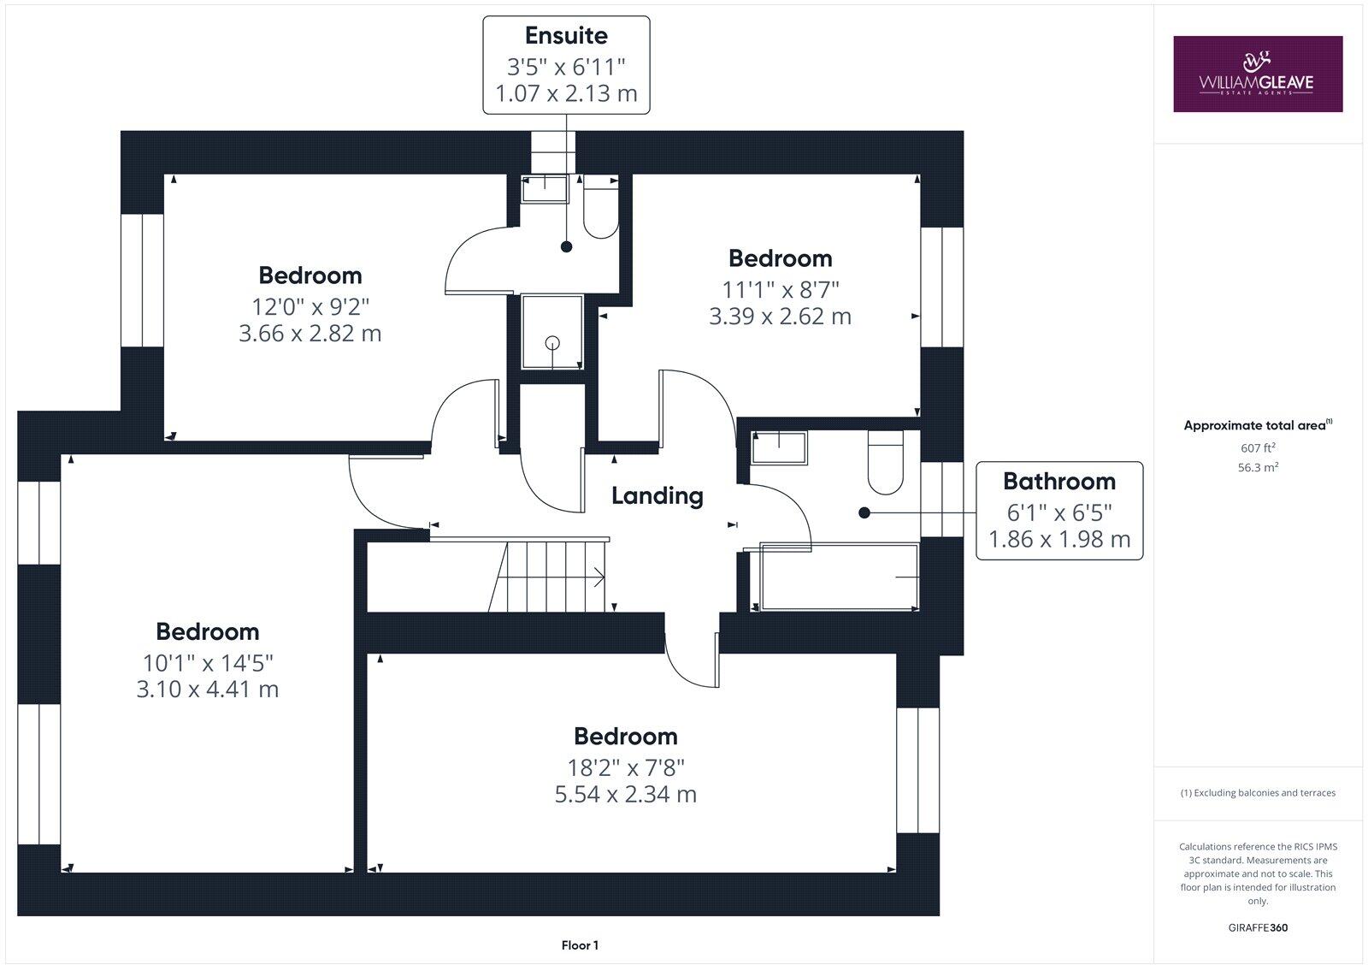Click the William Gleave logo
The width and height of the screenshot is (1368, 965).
(1257, 74)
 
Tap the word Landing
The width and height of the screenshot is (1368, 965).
(657, 495)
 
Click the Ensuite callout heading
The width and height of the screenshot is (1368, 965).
(566, 36)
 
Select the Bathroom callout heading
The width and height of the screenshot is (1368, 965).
(1058, 481)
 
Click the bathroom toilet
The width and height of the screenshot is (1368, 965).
(885, 462)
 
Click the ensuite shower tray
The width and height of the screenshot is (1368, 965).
(552, 333)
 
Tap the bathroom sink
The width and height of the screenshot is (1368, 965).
(779, 447)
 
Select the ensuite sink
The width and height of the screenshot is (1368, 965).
(545, 189)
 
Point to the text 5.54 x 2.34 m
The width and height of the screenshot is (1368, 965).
(625, 794)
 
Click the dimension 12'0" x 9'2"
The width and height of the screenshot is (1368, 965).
(310, 305)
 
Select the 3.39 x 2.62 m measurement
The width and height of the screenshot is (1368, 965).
(780, 317)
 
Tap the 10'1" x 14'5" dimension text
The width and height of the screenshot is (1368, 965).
(208, 662)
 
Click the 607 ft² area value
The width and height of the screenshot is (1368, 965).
(1257, 447)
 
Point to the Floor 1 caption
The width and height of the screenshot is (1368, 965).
(580, 945)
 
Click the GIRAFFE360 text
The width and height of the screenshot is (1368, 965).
(1257, 927)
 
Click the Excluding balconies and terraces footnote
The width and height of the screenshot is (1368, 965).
(1257, 793)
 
